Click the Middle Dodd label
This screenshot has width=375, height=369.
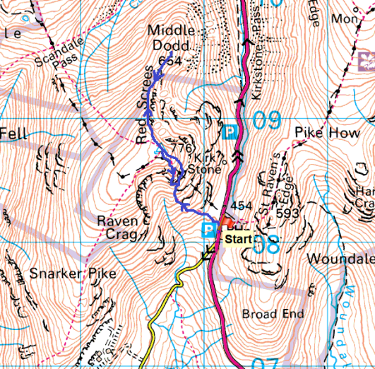(x=169, y=38)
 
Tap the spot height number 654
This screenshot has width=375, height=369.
(x=171, y=62)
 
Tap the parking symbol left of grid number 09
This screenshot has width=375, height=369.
(x=230, y=131)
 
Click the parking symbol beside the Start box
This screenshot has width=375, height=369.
(x=209, y=230)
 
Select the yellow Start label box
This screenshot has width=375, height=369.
(x=237, y=240)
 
